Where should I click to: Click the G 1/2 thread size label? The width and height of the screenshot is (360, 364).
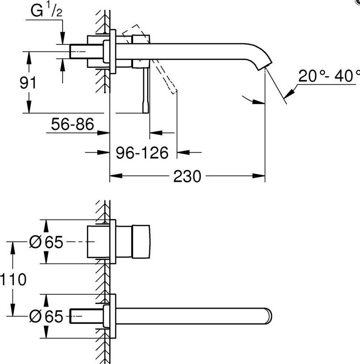tap(46, 11)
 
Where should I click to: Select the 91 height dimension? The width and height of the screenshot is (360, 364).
tap(28, 83)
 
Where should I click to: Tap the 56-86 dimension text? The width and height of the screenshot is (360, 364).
tap(72, 124)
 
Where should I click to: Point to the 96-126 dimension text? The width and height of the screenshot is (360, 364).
tap(142, 153)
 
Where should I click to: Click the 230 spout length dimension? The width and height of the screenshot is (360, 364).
tap(187, 177)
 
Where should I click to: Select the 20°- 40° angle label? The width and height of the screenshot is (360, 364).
tap(329, 76)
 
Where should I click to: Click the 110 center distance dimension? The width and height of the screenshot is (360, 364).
tap(13, 279)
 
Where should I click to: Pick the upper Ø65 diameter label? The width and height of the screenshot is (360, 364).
tap(46, 242)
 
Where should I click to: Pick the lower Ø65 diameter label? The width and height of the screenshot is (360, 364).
tap(46, 316)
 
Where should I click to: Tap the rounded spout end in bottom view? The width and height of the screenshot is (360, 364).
tap(269, 316)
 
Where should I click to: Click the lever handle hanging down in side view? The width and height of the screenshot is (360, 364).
tap(146, 91)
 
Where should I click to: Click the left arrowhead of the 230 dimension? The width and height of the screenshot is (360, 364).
tap(116, 176)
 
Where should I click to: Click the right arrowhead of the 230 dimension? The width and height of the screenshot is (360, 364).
tap(259, 176)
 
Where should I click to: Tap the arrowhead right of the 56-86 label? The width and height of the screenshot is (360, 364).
tap(103, 133)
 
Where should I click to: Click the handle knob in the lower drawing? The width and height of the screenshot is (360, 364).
tap(141, 242)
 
